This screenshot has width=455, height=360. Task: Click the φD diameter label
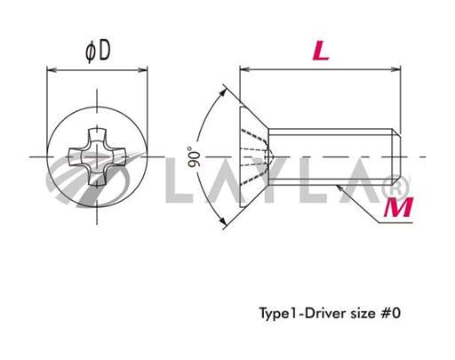coord(98,51)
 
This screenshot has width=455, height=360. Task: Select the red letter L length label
coord(321,51)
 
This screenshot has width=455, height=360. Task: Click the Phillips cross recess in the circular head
coord(98,158)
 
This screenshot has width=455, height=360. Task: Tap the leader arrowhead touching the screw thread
coord(341,185)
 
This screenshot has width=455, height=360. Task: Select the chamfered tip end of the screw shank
coord(402,156)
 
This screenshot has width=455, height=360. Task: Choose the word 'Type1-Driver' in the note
coord(296,313)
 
